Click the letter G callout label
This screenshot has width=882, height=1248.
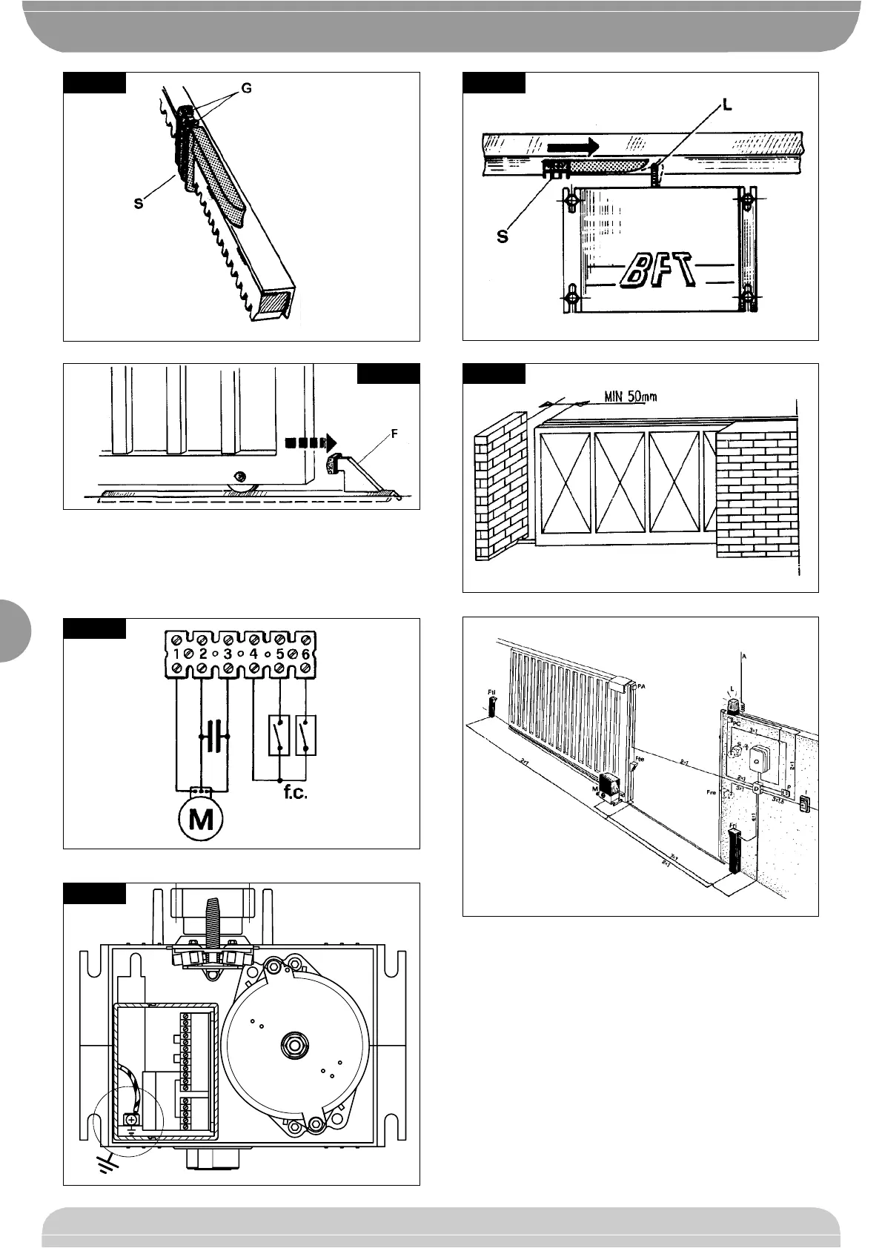[246, 88]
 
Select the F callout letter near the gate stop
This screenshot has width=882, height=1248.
[394, 434]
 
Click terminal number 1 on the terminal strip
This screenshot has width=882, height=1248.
[178, 654]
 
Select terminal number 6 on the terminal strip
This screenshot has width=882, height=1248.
[304, 654]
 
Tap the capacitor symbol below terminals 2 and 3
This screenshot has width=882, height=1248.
[215, 737]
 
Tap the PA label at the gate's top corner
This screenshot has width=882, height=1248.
[641, 687]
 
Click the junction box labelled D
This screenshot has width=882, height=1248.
[756, 789]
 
